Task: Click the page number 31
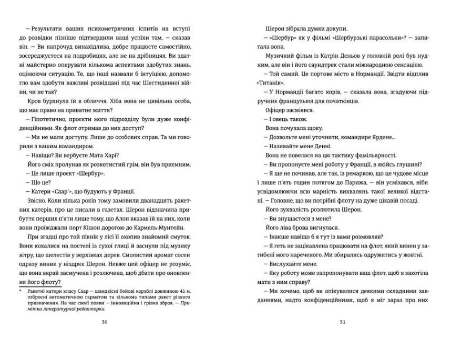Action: point(342,322)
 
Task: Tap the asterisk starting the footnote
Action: point(19,290)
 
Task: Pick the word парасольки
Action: point(376,37)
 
